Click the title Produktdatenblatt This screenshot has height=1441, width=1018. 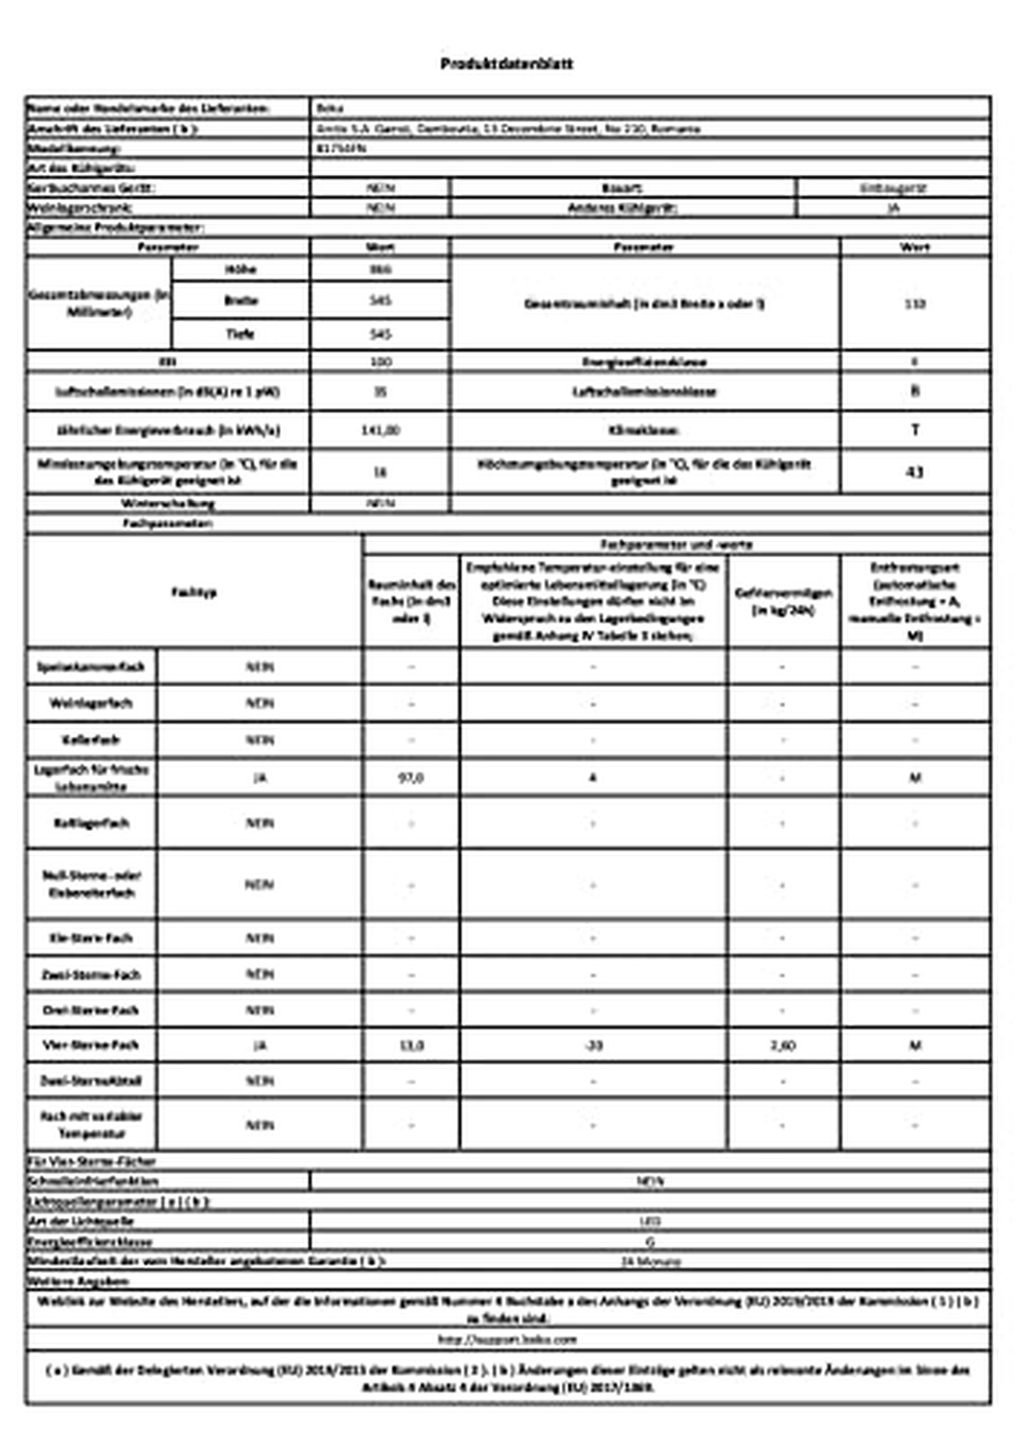(x=506, y=64)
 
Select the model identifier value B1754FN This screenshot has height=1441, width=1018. (x=340, y=148)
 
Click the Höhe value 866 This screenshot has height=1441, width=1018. (x=380, y=270)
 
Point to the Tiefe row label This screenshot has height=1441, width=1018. (x=240, y=334)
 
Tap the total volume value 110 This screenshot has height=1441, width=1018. (x=915, y=304)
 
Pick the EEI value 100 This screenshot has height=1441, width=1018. (x=380, y=362)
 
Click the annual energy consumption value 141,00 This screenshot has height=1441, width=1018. (x=380, y=431)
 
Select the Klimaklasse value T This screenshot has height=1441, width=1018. (x=915, y=430)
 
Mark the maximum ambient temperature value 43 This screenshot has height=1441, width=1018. (x=915, y=472)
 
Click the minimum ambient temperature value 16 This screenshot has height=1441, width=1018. (x=380, y=472)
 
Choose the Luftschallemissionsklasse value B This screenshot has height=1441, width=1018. (x=915, y=392)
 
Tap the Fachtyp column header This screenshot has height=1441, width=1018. (x=194, y=592)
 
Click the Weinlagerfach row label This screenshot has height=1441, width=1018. (x=91, y=704)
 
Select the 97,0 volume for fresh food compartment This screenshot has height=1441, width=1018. (x=411, y=778)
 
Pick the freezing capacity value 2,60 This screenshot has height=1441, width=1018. (x=782, y=1046)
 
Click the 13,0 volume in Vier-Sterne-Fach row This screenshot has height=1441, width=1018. (x=411, y=1046)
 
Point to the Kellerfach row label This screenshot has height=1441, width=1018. (x=91, y=740)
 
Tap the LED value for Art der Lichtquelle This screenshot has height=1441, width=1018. (x=650, y=1222)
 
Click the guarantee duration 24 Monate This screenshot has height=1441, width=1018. (x=650, y=1262)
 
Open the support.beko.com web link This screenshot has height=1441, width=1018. (x=507, y=1340)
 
